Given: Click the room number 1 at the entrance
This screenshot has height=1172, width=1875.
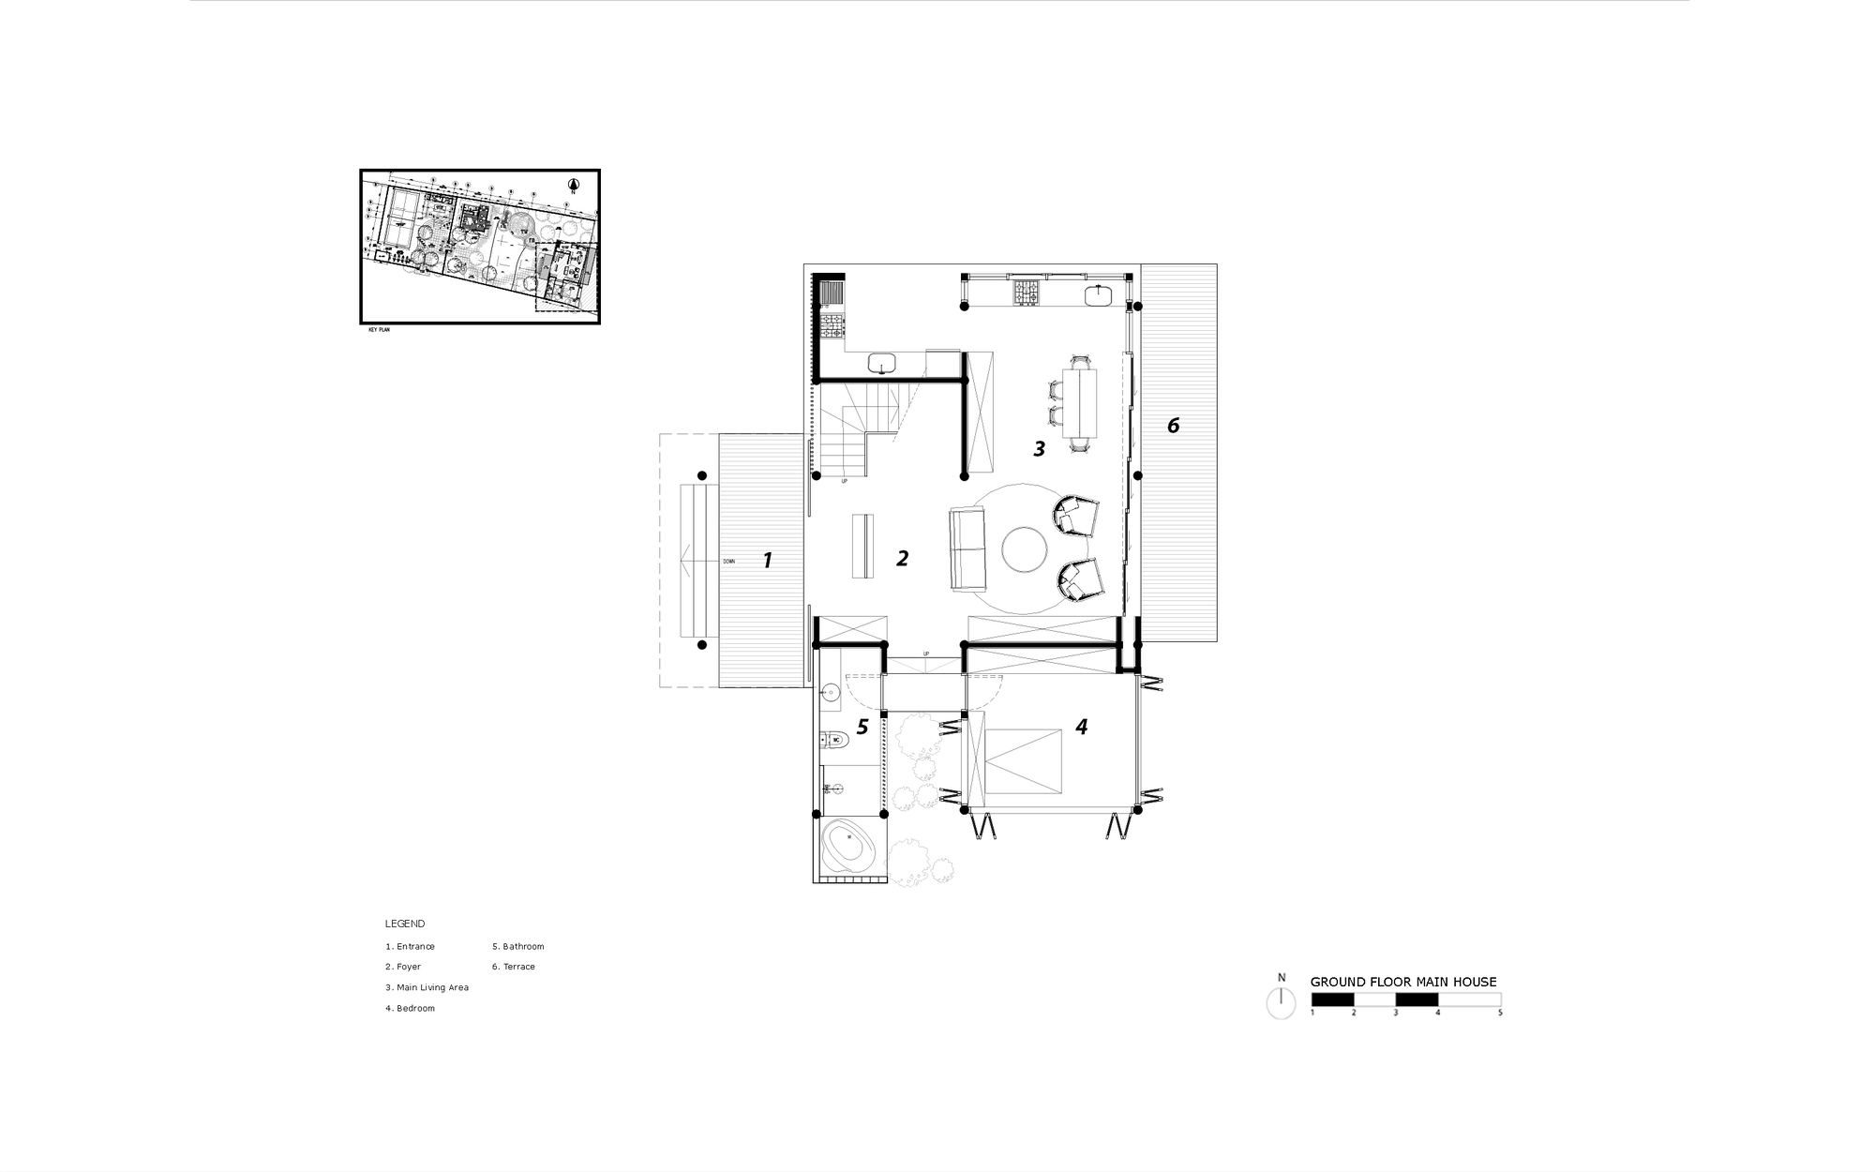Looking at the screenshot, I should click(767, 561).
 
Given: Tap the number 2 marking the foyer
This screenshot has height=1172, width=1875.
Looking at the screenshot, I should click(902, 559).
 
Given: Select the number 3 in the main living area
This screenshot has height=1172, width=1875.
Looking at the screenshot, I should click(1039, 449).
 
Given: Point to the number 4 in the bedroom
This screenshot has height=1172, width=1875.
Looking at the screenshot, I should click(1081, 727).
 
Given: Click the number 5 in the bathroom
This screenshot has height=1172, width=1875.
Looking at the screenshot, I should click(862, 727).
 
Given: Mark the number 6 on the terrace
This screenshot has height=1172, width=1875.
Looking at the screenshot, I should click(1173, 426).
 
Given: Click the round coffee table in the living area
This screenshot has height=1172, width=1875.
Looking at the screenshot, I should click(1024, 549).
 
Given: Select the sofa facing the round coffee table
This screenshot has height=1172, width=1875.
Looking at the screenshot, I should click(968, 548).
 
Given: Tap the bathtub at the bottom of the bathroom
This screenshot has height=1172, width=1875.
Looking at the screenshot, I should click(849, 848).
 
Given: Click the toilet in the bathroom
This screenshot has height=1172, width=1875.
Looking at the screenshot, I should click(834, 740).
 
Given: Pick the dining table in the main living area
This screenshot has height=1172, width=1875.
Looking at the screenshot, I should click(1080, 403).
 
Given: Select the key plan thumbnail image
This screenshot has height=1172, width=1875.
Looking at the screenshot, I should click(479, 247).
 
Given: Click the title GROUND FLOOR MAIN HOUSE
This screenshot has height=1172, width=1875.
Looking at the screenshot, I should click(1402, 982).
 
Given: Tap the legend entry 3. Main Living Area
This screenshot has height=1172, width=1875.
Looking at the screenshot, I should click(427, 987).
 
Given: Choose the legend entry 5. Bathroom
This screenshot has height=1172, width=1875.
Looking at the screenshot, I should click(517, 946).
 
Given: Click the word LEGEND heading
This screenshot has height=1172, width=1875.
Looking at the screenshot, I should click(405, 924).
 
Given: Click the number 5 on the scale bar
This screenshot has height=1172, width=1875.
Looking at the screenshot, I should click(1500, 1014).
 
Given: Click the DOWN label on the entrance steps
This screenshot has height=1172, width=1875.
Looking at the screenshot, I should click(728, 562).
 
